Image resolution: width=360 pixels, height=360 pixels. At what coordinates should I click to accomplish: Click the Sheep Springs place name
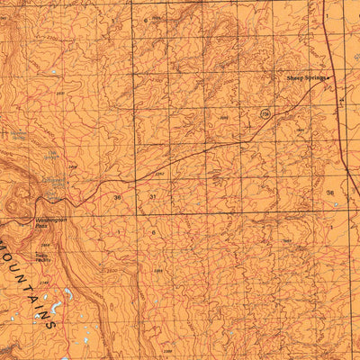[x=305, y=78]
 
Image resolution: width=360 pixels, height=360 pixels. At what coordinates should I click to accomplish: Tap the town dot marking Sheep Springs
[x=329, y=78]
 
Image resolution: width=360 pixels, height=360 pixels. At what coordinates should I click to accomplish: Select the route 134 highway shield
[x=265, y=114]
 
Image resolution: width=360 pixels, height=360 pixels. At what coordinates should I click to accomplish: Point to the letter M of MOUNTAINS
[x=5, y=247]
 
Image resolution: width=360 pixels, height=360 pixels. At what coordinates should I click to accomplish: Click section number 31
[x=153, y=196]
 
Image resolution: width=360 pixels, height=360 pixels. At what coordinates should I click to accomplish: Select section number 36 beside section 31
[x=117, y=196]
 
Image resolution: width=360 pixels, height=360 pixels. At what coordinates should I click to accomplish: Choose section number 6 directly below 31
[x=153, y=232]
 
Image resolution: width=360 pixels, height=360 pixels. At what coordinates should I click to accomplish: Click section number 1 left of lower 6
[x=117, y=232]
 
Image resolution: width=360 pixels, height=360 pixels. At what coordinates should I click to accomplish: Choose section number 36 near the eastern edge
[x=330, y=193]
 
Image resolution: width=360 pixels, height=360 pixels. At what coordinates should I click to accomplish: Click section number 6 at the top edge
[x=144, y=19]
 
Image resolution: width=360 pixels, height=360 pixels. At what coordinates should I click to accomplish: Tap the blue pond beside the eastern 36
[x=335, y=204]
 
